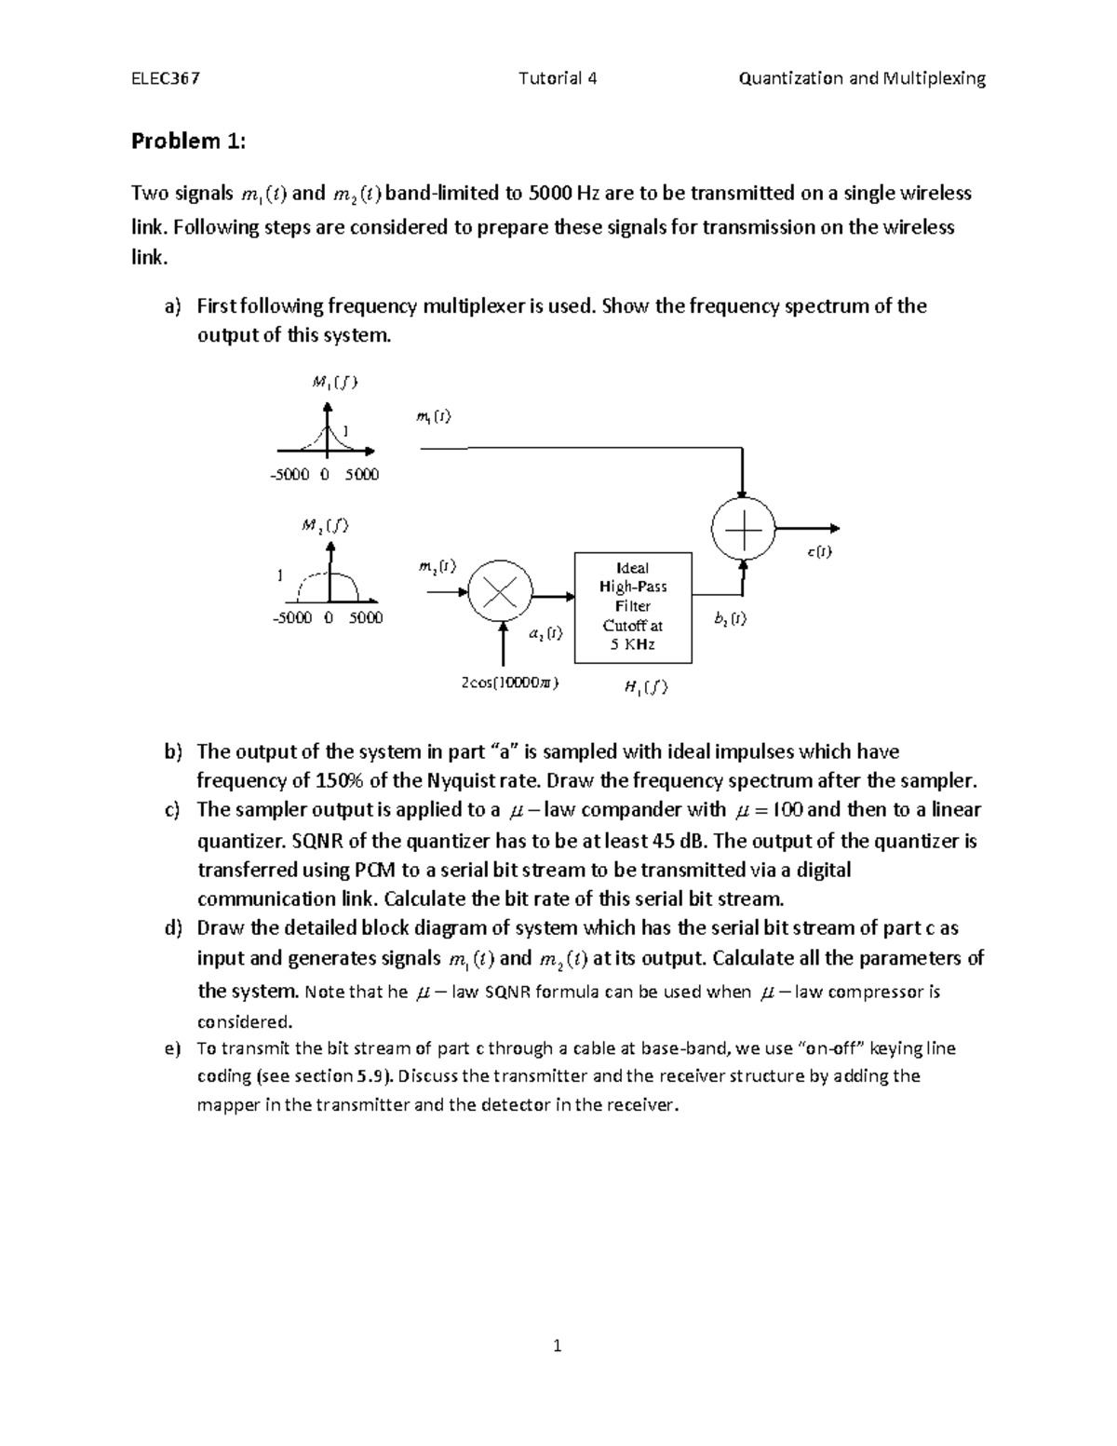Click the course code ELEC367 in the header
(165, 78)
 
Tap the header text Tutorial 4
(558, 78)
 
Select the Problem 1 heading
(189, 142)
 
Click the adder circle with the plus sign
(742, 528)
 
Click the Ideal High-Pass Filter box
(633, 606)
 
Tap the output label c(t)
(819, 552)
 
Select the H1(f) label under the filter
(645, 687)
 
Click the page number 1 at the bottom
(558, 1345)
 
